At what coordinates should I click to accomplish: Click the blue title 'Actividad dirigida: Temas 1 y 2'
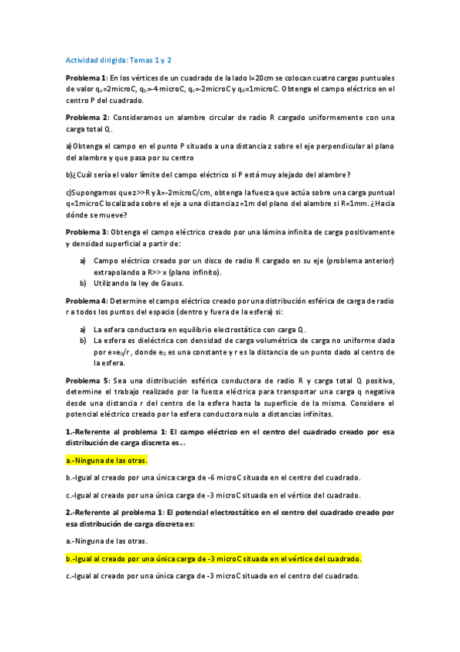pyautogui.click(x=118, y=59)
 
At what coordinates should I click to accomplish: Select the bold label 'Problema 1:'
pyautogui.click(x=87, y=78)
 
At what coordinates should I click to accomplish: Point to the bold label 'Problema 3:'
pyautogui.click(x=87, y=231)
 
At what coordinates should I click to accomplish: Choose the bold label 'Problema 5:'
pyautogui.click(x=88, y=381)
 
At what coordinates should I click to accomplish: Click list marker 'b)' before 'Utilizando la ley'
pyautogui.click(x=83, y=283)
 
